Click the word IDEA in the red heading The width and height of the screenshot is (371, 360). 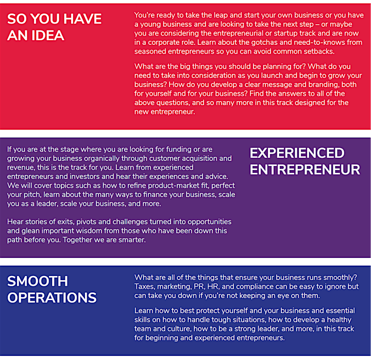[47, 35]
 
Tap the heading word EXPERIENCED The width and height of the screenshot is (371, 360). [297, 153]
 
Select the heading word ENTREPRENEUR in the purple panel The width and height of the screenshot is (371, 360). [305, 170]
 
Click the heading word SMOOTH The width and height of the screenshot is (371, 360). [38, 281]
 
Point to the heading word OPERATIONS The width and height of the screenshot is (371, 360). [52, 298]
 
